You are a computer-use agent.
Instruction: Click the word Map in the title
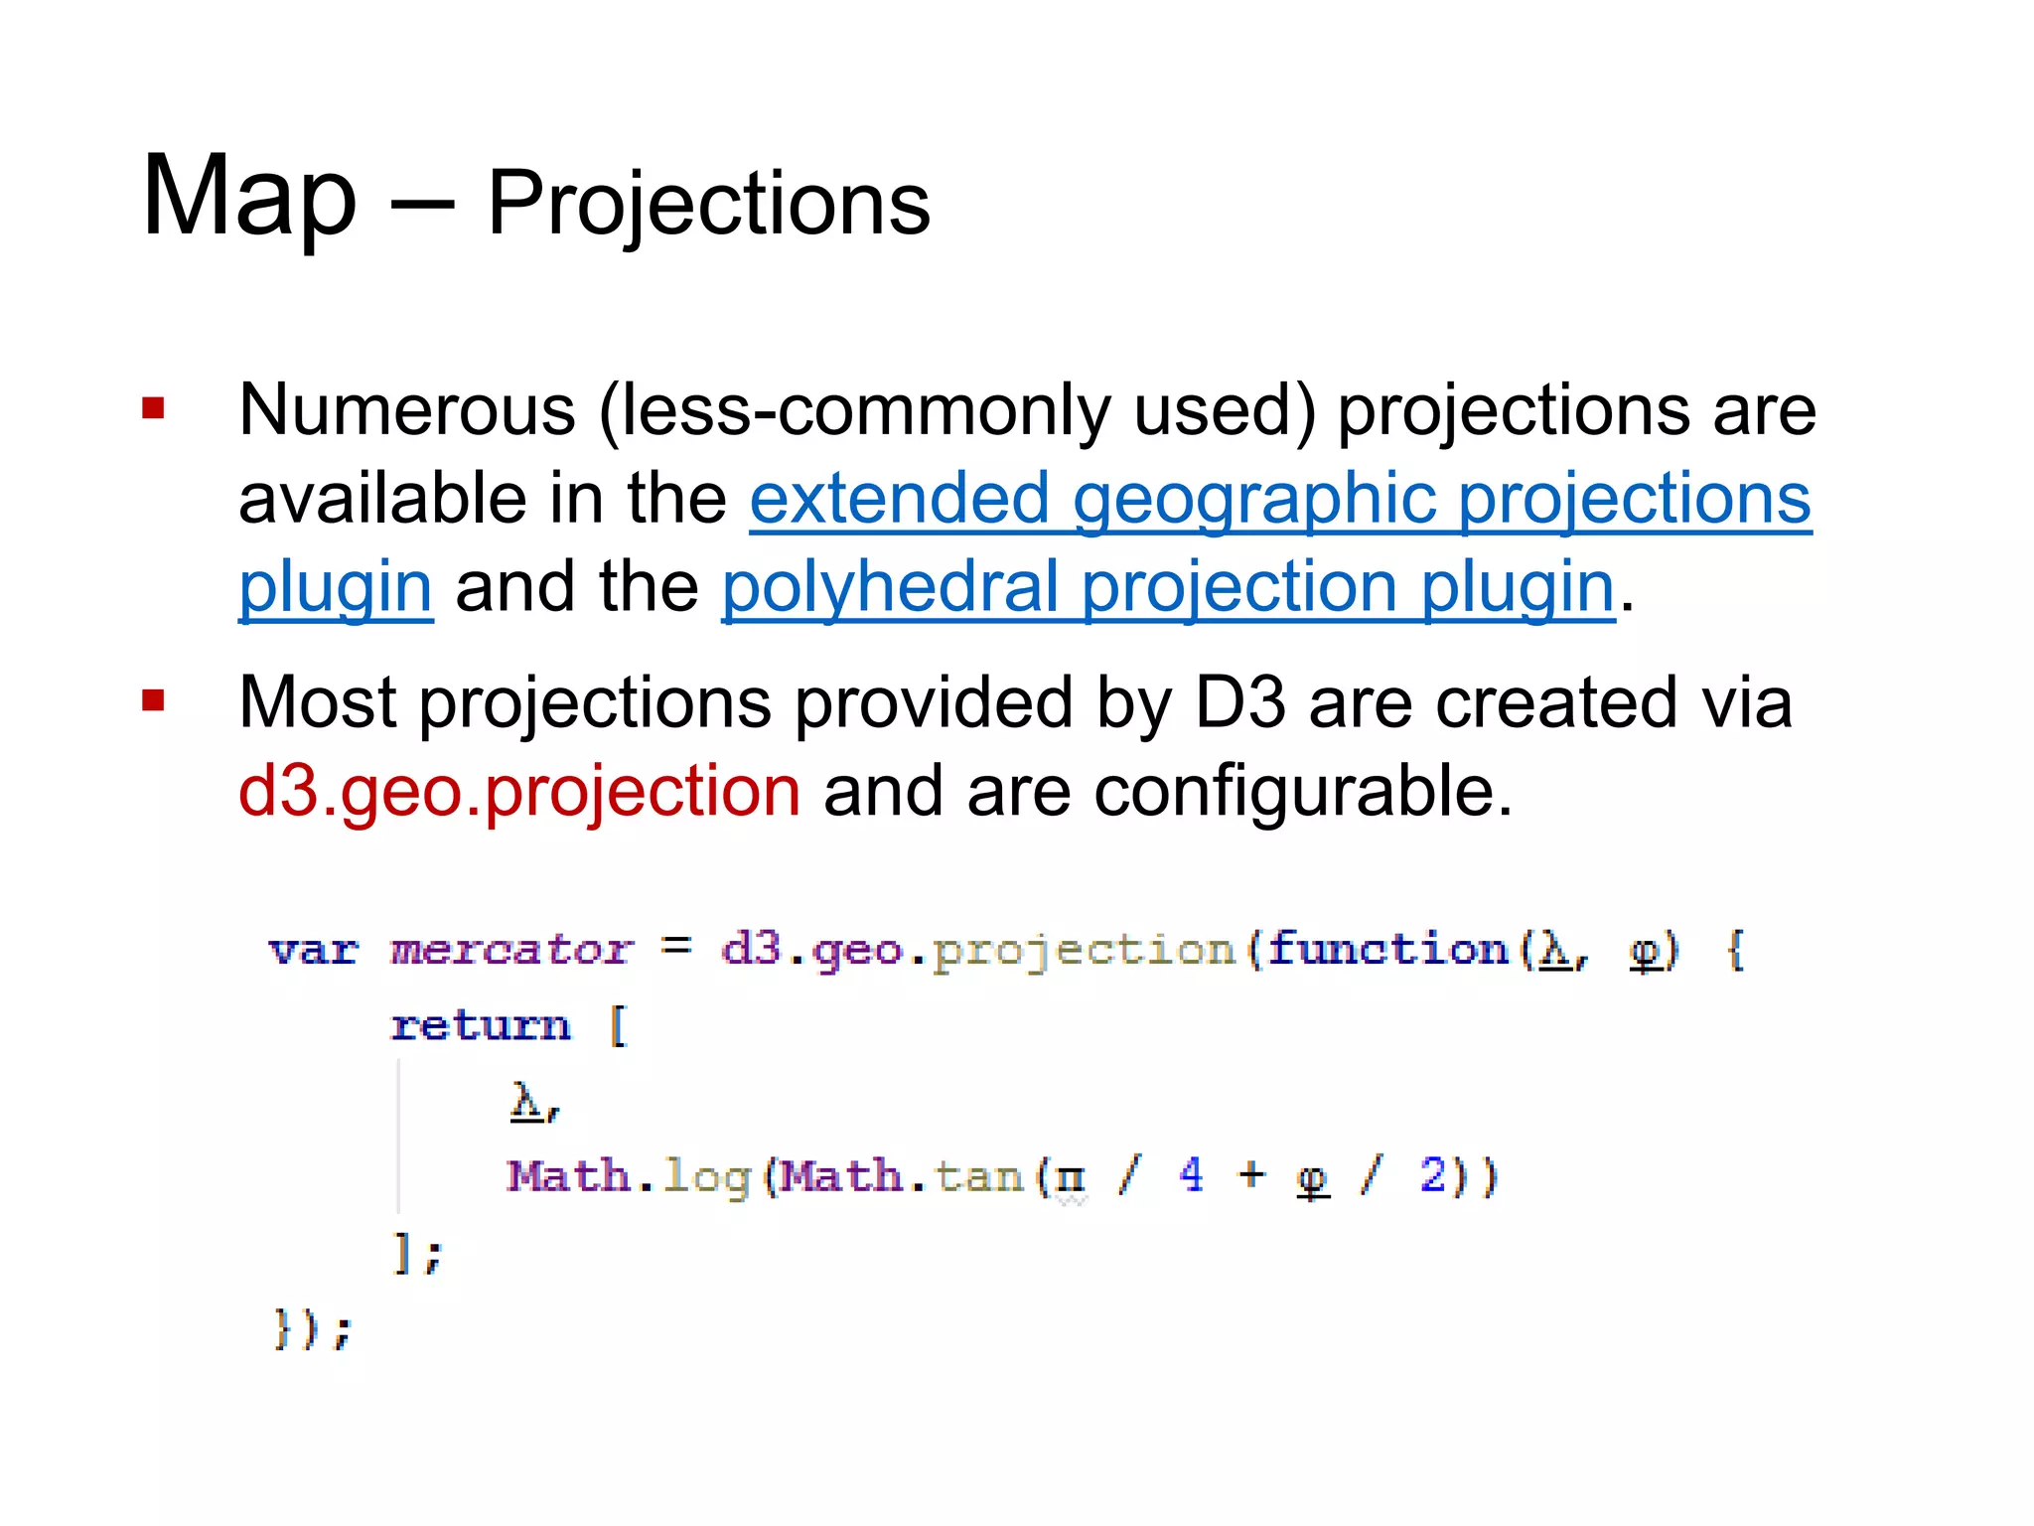(x=249, y=197)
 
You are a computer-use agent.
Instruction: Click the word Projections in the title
(x=708, y=204)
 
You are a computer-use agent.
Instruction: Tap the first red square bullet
(x=153, y=408)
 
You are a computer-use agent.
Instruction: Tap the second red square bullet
(x=153, y=701)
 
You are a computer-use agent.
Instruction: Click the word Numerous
(x=407, y=409)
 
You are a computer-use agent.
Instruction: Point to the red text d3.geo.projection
(x=519, y=791)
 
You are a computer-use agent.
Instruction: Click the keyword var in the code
(x=313, y=951)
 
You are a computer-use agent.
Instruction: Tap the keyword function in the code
(x=1387, y=949)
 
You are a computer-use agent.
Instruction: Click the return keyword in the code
(x=481, y=1025)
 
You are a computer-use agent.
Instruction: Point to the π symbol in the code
(x=1070, y=1178)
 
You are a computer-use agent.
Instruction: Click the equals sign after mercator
(x=676, y=947)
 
